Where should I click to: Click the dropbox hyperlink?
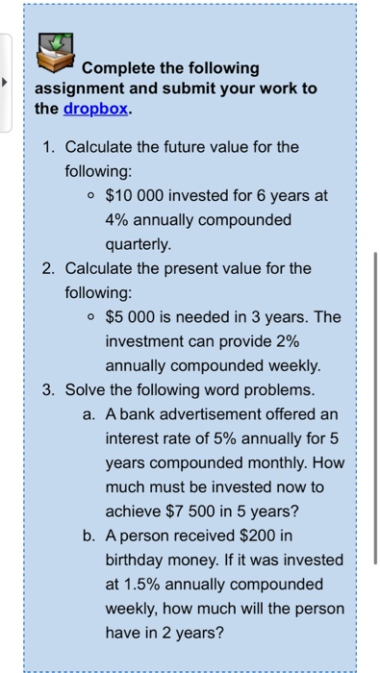pyautogui.click(x=94, y=109)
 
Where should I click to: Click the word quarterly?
pyautogui.click(x=139, y=243)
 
